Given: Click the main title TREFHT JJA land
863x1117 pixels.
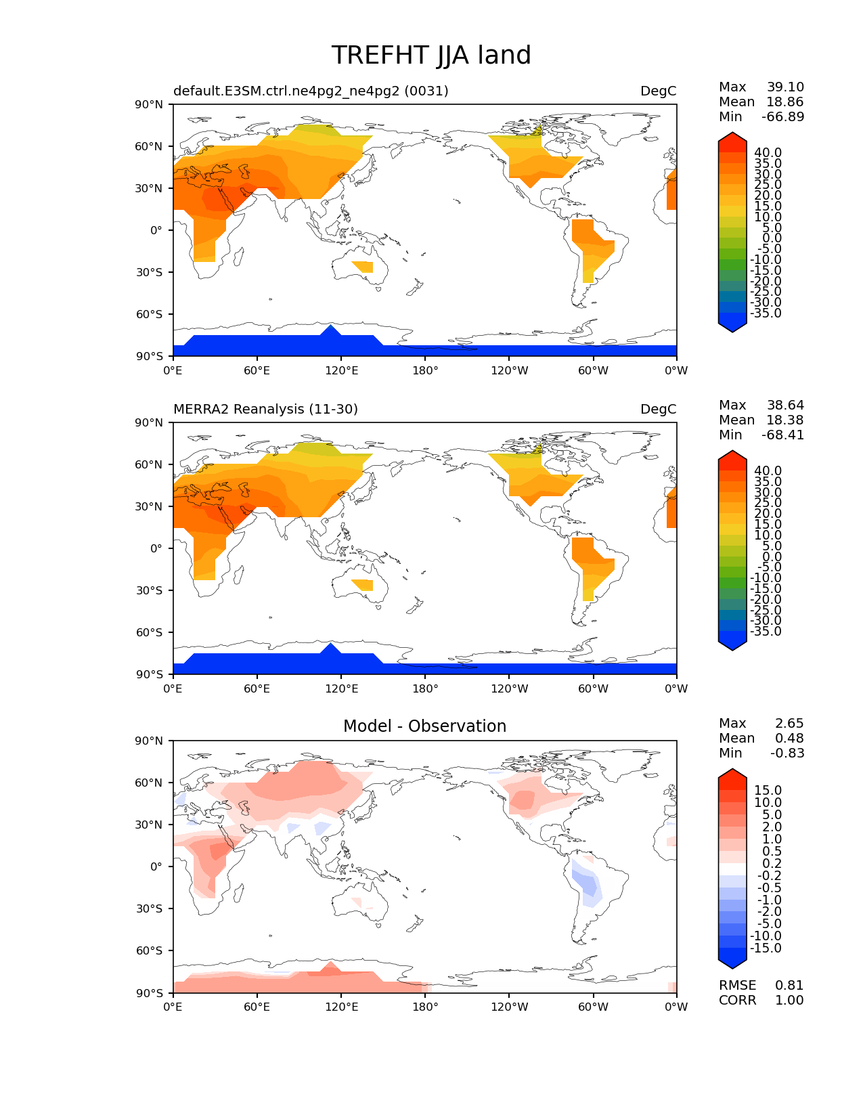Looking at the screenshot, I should [431, 56].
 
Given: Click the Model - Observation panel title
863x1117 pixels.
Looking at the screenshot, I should [424, 726].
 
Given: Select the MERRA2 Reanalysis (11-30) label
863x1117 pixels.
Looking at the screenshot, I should [265, 409].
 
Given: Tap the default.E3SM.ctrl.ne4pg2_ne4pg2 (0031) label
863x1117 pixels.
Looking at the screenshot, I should [311, 91].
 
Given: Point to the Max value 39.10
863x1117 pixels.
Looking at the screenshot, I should [785, 87].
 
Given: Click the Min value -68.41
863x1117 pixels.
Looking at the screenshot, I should [782, 435].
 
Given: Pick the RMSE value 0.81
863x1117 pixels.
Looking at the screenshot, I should [789, 985].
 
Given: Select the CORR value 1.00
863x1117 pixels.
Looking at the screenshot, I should [789, 1000].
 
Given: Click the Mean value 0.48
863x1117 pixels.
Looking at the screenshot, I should [789, 738].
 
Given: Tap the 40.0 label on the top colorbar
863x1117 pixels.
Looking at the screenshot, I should [768, 152].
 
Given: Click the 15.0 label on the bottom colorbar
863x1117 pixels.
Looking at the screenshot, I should [768, 790].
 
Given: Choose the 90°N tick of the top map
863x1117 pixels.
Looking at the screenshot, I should [150, 104].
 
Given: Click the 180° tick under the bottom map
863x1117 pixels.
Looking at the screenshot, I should [425, 1007].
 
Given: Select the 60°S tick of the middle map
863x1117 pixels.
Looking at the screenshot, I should [150, 632].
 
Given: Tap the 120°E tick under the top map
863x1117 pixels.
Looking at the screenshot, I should [341, 370].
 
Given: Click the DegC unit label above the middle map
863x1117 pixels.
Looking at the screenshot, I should [658, 409].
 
